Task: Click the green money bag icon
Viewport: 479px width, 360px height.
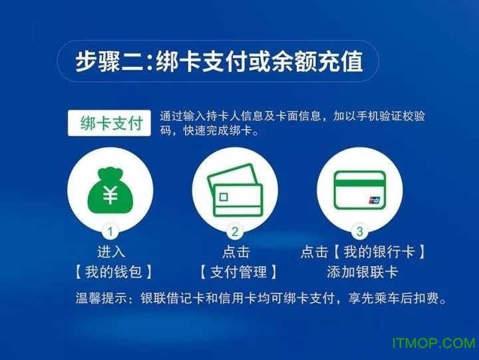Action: (110, 192)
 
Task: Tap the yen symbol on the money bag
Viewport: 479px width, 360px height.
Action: (110, 195)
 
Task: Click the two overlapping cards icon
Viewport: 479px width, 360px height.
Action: (235, 190)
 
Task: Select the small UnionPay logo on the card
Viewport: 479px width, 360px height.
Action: (374, 200)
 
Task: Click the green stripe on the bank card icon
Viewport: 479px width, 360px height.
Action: (360, 184)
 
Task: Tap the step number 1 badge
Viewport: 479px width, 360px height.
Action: (110, 232)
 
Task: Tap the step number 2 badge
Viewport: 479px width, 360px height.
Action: (235, 232)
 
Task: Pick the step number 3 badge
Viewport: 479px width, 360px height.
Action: (360, 232)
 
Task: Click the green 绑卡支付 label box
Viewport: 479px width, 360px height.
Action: (109, 123)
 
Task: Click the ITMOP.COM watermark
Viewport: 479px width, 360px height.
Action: (434, 343)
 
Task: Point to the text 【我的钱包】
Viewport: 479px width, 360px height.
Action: (114, 272)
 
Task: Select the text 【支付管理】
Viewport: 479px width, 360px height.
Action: (238, 272)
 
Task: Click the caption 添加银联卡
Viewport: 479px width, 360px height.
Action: (363, 272)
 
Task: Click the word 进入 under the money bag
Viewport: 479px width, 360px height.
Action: (111, 252)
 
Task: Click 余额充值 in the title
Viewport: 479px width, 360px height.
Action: (317, 61)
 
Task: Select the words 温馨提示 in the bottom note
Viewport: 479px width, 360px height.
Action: (101, 298)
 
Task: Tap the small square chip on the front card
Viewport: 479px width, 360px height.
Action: (224, 197)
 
